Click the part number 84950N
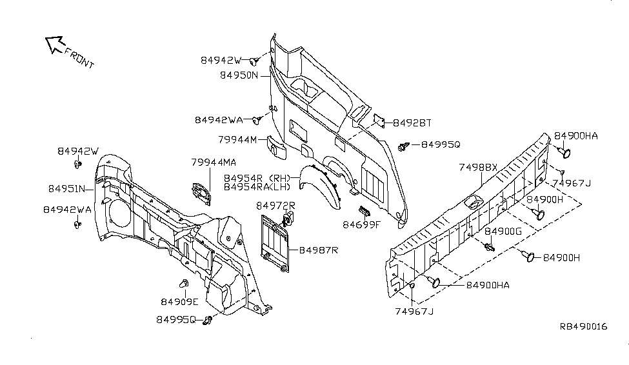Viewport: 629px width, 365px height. pyautogui.click(x=238, y=75)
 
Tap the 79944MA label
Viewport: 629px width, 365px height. pyautogui.click(x=213, y=162)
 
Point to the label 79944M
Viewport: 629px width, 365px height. pyautogui.click(x=238, y=140)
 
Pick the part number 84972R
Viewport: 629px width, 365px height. pyautogui.click(x=275, y=206)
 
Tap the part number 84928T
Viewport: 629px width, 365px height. pyautogui.click(x=412, y=123)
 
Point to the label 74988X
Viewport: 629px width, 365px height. pyautogui.click(x=478, y=166)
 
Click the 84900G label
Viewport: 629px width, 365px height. pyautogui.click(x=504, y=231)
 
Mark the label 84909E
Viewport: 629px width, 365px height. pyautogui.click(x=180, y=301)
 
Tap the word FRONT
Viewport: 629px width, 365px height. pyautogui.click(x=79, y=59)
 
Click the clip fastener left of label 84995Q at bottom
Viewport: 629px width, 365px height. pyautogui.click(x=208, y=320)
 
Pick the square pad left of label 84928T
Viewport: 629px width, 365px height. pyautogui.click(x=379, y=121)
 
